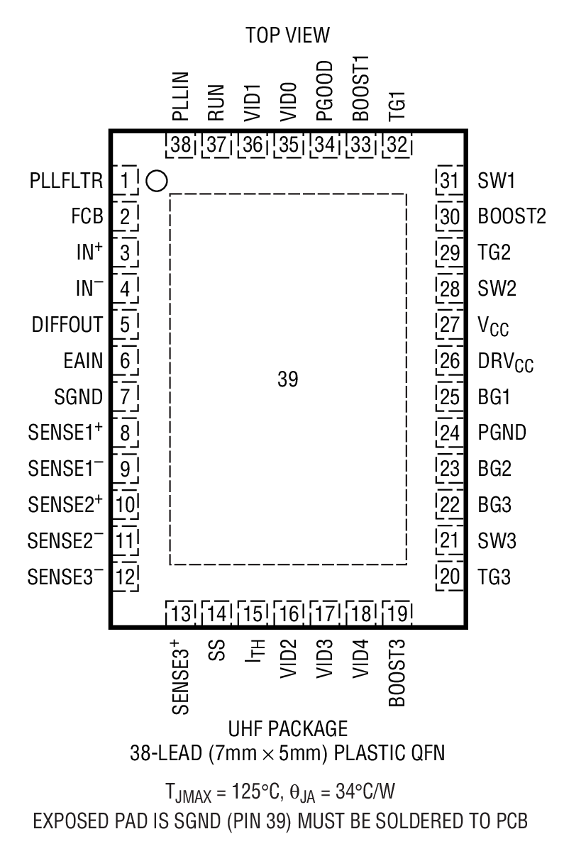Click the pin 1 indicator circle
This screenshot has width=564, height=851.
157,182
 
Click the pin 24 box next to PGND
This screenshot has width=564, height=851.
449,432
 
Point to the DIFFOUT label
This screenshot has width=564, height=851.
67,326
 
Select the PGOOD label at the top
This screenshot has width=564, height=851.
325,95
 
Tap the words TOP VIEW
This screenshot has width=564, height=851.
287,35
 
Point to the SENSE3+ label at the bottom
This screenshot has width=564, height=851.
180,678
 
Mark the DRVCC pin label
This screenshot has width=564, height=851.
506,362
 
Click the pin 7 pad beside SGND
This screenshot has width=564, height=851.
125,397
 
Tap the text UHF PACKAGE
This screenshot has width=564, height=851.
287,728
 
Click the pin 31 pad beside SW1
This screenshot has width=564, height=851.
449,182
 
